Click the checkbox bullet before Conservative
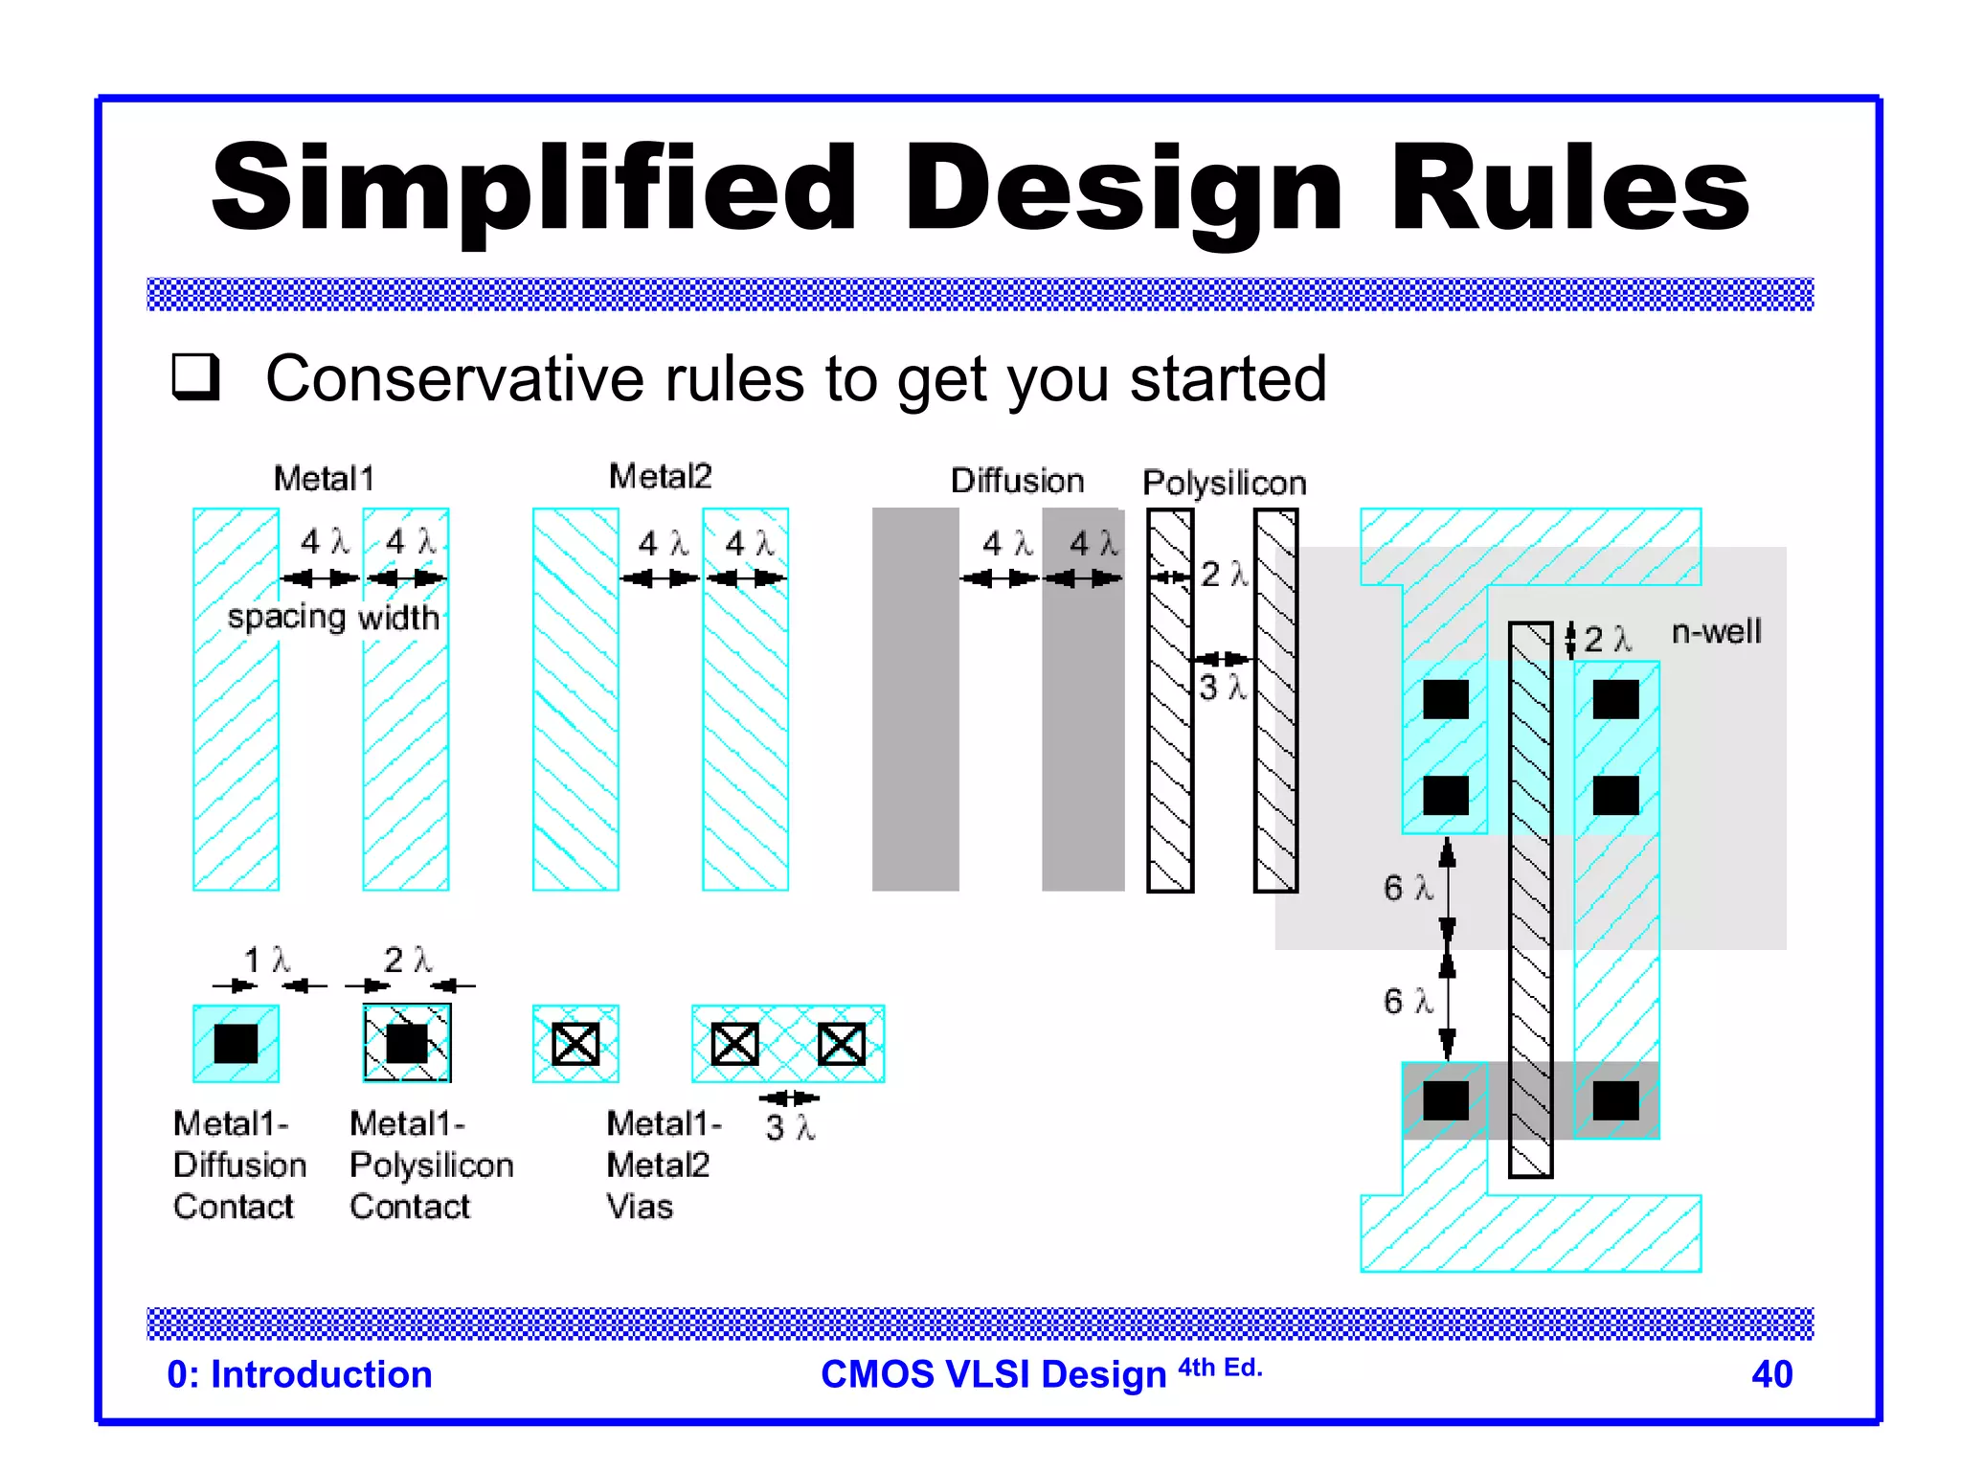pos(196,376)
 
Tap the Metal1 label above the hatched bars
pos(324,478)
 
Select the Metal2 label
pos(660,476)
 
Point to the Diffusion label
pos(1017,480)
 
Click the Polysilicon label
pos(1224,482)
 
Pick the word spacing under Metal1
pos(286,617)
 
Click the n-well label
pos(1716,632)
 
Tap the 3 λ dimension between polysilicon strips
pos(1222,687)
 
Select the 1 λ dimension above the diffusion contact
pos(266,960)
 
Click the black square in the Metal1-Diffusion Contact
pos(236,1044)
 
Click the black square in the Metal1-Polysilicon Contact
pos(407,1044)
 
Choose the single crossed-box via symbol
pos(575,1044)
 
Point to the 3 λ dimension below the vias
pos(790,1127)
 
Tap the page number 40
pos(1771,1374)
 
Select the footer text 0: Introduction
pos(300,1374)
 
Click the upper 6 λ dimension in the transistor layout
pos(1408,888)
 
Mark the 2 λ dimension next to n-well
pos(1606,639)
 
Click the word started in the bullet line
pos(1228,378)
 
